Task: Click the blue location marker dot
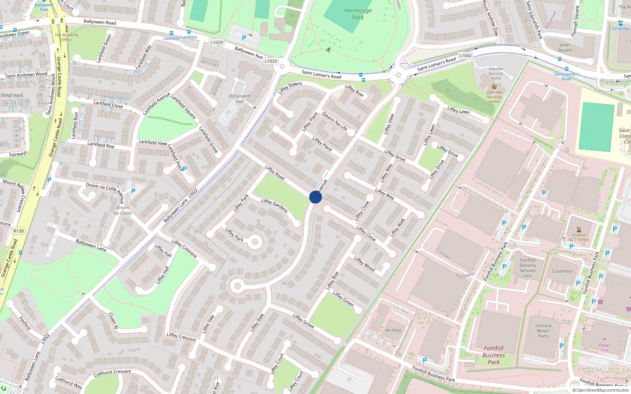pos(315,197)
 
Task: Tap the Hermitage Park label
pos(358,14)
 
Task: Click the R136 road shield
pos(19,231)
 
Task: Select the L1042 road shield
pos(465,56)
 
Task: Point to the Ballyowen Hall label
pos(239,98)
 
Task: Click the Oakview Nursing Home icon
pos(494,86)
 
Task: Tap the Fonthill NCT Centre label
pos(579,237)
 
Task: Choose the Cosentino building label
pos(562,271)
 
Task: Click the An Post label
pos(393,330)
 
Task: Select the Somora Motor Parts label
pos(543,331)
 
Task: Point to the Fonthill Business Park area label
pos(493,355)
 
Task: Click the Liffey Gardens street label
pos(274,205)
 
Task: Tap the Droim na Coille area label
pos(123,210)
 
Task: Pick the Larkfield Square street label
pos(183,106)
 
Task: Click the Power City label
pos(604,348)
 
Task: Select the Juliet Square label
pos(564,47)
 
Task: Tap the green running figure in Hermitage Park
pos(329,50)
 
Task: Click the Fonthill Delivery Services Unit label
pos(528,268)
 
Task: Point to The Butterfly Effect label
pos(67,37)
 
